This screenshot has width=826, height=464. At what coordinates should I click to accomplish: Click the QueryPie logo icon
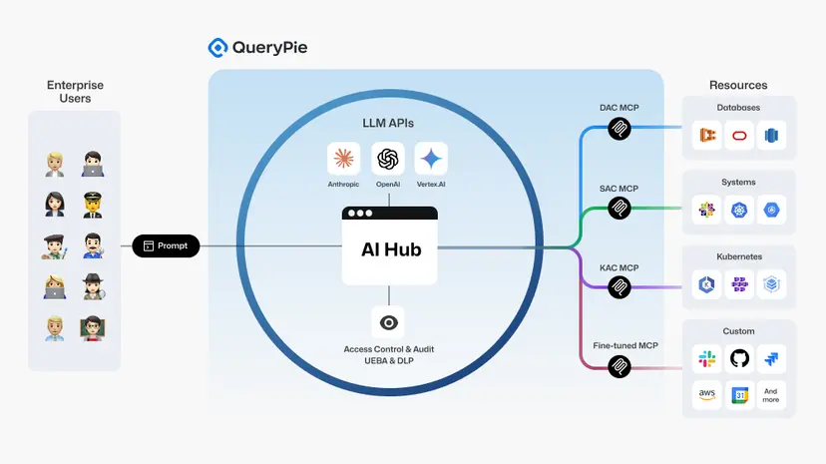[x=217, y=47]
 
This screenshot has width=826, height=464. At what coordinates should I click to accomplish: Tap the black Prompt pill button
[x=166, y=245]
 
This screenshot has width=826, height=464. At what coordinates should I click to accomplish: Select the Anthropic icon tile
[x=343, y=159]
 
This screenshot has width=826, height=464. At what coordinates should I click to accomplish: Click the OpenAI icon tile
[x=388, y=159]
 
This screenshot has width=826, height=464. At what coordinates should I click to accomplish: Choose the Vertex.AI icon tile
[x=431, y=159]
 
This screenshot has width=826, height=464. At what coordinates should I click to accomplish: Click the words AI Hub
[x=390, y=249]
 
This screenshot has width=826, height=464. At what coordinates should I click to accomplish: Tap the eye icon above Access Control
[x=389, y=321]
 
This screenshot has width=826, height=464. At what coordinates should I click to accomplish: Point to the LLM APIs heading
[x=388, y=123]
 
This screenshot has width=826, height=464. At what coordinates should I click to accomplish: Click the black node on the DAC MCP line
[x=619, y=128]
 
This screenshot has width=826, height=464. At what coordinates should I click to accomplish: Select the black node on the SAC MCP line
[x=619, y=208]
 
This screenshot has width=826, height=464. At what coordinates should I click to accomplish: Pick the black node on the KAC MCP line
[x=619, y=287]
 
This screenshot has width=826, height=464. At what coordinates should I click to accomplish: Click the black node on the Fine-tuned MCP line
[x=619, y=367]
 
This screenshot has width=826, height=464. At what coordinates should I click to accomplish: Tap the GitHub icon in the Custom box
[x=739, y=358]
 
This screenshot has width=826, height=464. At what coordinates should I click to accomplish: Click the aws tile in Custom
[x=707, y=395]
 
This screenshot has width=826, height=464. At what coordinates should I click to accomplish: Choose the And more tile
[x=771, y=395]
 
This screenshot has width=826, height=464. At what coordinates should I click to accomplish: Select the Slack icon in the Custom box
[x=707, y=358]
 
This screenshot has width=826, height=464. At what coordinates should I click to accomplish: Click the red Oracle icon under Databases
[x=739, y=136]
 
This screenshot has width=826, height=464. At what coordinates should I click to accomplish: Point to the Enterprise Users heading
[x=75, y=92]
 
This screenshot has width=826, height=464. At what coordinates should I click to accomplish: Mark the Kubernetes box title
[x=739, y=256]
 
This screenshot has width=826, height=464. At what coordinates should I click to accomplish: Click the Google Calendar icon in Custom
[x=739, y=395]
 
